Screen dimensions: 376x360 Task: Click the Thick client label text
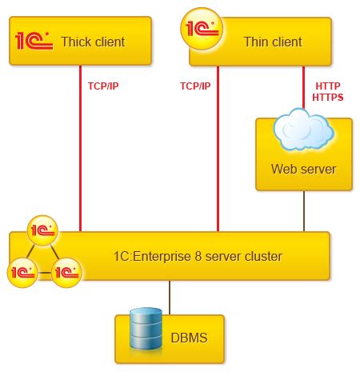tap(93, 40)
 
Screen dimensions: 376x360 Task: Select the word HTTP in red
tap(328, 84)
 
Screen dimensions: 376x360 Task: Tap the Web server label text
tap(303, 169)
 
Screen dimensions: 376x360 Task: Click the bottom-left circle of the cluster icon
tap(22, 272)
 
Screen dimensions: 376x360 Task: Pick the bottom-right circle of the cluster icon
tap(66, 272)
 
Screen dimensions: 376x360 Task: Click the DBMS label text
tap(188, 338)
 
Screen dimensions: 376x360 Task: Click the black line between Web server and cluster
tap(303, 211)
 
